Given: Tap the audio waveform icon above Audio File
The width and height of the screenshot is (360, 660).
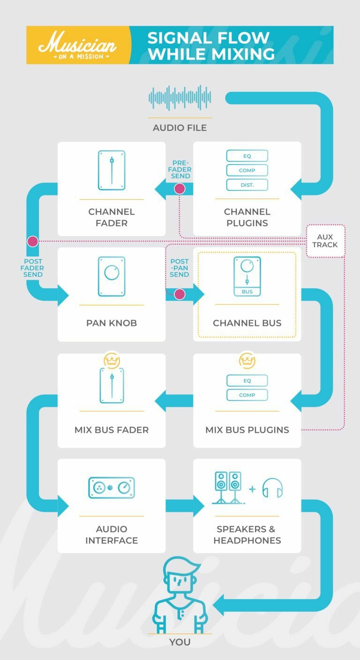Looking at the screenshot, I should coord(180,97).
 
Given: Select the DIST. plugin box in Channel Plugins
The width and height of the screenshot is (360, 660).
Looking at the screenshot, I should coord(247,185).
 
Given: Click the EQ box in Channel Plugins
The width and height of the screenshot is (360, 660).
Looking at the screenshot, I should coord(247,156).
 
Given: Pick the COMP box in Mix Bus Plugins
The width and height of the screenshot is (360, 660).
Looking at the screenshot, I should coord(247,395).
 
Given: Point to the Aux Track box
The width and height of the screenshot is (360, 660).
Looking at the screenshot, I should coord(325,240).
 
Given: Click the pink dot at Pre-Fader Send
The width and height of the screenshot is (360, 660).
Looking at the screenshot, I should coord(180,189).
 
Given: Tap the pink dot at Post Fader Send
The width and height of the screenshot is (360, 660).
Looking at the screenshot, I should coord(32,241).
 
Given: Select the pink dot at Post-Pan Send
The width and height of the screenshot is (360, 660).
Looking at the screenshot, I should coord(180,294).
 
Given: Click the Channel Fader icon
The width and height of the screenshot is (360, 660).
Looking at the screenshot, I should coord(112,170).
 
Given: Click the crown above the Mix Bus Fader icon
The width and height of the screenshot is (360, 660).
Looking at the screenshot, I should coord(112,360).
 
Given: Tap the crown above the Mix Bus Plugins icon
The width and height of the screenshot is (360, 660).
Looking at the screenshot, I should coord(247,360).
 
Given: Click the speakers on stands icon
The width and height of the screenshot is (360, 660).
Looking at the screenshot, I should coord(228,487).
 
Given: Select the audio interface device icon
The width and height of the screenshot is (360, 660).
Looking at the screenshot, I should coord(112,487).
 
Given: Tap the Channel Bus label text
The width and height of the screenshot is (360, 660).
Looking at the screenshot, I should coord(247,323).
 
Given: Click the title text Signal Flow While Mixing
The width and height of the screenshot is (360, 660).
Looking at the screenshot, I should coord(211,45).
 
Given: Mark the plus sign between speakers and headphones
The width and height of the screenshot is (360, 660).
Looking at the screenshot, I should coord(252,489).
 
